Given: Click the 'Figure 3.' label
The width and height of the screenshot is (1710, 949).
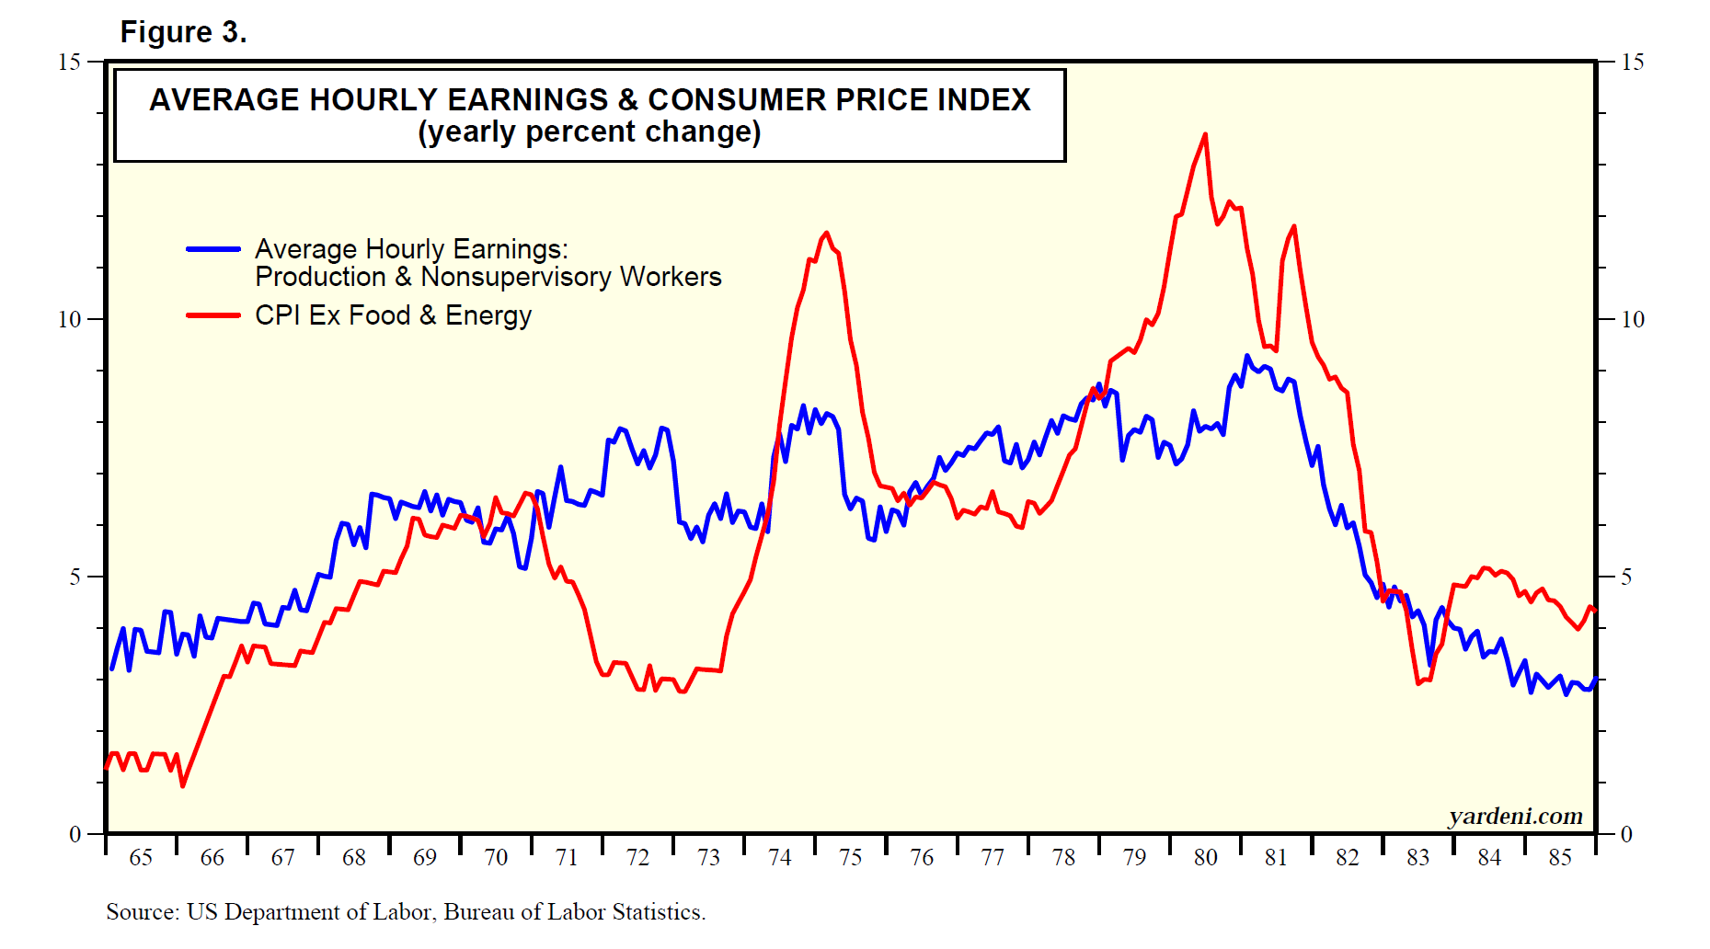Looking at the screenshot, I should (183, 32).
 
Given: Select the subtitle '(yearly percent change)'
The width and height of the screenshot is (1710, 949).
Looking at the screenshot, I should (590, 132).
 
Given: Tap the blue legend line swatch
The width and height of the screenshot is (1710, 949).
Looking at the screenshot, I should (213, 249).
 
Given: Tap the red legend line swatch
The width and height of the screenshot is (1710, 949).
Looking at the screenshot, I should (213, 315).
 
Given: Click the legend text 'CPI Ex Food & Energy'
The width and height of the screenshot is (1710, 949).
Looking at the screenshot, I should (393, 315).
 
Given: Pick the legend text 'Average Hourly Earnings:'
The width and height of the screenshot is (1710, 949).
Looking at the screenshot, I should (411, 249).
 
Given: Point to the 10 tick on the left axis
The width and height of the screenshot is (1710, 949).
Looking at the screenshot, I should (70, 320).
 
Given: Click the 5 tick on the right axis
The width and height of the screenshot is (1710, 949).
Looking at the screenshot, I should (1626, 577).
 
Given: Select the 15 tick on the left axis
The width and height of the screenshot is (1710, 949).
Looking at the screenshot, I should (70, 63).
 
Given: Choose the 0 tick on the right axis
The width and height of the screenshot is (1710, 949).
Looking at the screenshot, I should (1626, 835).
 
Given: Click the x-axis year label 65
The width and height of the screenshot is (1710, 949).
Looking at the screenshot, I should (141, 858).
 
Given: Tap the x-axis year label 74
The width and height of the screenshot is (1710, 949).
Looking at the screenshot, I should (780, 858).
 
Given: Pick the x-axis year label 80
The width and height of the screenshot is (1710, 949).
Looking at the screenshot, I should (1205, 858).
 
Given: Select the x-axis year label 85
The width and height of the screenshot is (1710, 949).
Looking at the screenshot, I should (1560, 858).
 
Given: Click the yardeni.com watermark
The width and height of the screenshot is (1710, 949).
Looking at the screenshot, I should (1515, 816).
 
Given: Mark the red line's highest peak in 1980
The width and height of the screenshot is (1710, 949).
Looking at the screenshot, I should (1205, 134).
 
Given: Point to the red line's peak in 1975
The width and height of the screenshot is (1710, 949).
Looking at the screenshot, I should (826, 233).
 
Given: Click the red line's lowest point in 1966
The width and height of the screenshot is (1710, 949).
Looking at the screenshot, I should (182, 785).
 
